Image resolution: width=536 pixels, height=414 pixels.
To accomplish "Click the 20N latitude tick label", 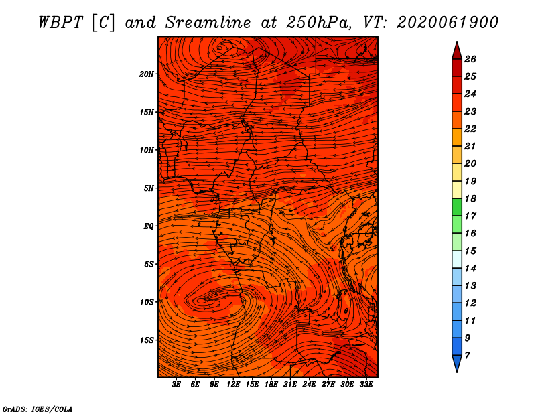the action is [x=146, y=74].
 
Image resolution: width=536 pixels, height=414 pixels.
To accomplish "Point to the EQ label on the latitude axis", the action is [x=148, y=226].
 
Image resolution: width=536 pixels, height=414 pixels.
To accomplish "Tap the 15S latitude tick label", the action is [x=147, y=340].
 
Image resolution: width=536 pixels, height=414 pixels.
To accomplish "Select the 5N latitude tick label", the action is [x=149, y=188].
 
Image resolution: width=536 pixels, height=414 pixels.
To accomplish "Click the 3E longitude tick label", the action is [x=176, y=385].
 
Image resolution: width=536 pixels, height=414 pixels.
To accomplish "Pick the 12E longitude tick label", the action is [x=233, y=385].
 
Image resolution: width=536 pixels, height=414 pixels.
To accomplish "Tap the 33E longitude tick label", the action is [x=366, y=385].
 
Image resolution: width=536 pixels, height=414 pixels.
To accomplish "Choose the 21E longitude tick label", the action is [x=290, y=385].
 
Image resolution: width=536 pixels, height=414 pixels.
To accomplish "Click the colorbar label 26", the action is [x=470, y=59].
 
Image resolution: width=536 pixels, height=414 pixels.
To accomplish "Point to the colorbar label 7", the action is [x=467, y=356].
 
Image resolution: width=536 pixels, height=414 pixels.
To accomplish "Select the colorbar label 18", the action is [x=470, y=198].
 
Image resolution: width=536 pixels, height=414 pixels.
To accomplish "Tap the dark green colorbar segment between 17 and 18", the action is [x=457, y=207].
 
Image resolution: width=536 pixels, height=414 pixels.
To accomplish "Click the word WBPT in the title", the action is [x=60, y=23].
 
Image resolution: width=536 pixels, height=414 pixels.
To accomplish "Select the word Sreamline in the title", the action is [x=208, y=23].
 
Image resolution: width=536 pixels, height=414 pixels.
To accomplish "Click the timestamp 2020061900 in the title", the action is [x=448, y=23].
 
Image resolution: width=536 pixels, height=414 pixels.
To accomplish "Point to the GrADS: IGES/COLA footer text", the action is [x=38, y=409].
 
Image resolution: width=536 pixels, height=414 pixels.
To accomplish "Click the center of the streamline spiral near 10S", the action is [x=202, y=301].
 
